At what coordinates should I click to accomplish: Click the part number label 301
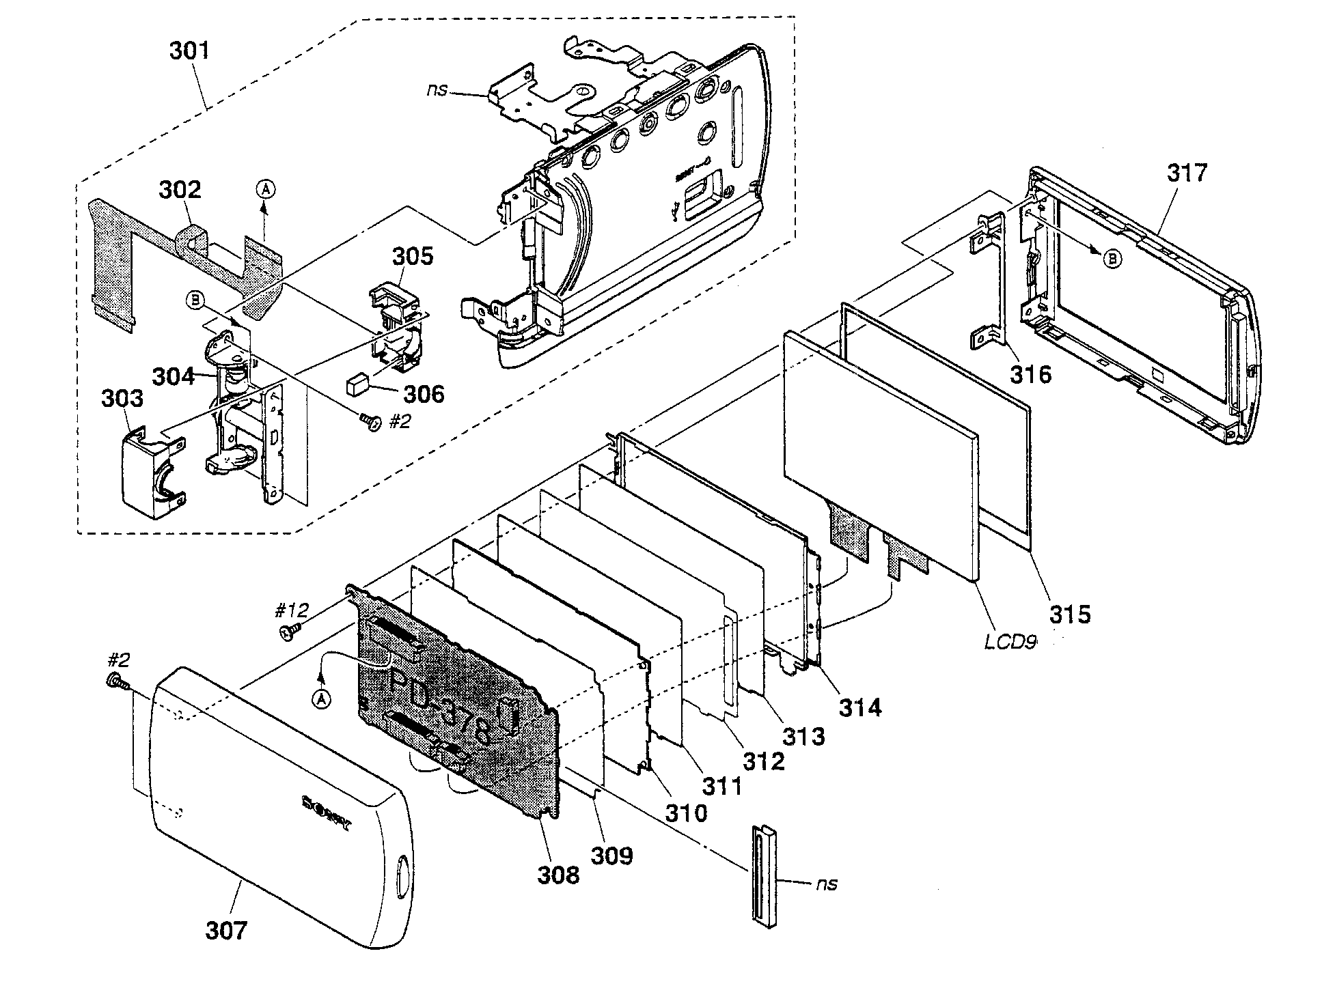click(x=189, y=51)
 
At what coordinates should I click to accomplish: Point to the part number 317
click(x=1187, y=173)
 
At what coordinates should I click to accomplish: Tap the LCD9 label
click(x=1010, y=643)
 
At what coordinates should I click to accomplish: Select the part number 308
click(x=557, y=875)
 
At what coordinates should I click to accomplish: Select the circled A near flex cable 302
click(x=266, y=189)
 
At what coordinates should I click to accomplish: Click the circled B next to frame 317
click(x=1112, y=259)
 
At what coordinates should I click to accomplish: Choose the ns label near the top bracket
click(x=437, y=90)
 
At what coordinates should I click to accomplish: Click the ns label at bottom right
click(x=826, y=884)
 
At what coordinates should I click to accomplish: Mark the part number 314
click(x=860, y=708)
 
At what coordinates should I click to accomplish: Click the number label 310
click(x=686, y=813)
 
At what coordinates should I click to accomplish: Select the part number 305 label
click(x=412, y=256)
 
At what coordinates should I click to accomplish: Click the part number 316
click(x=1031, y=374)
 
